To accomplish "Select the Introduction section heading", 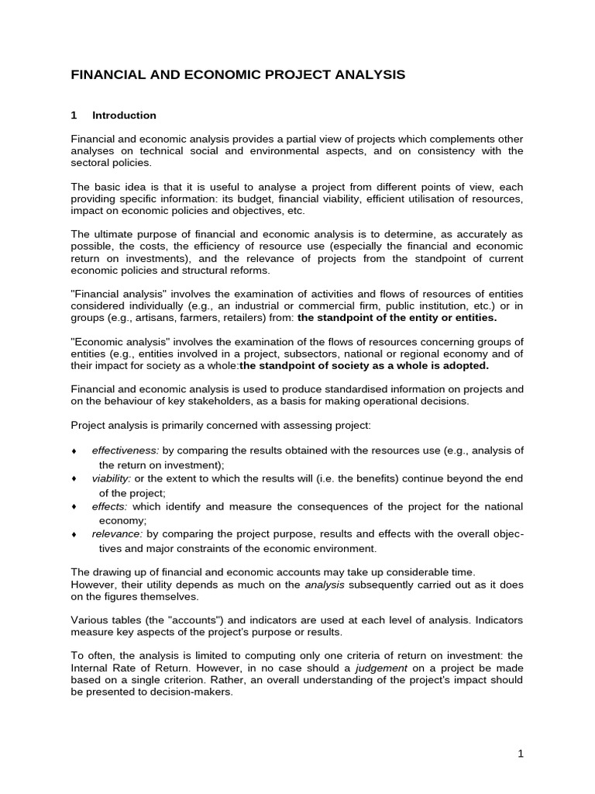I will [124, 116].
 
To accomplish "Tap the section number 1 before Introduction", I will [74, 116].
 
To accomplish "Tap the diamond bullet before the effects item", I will [74, 507].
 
